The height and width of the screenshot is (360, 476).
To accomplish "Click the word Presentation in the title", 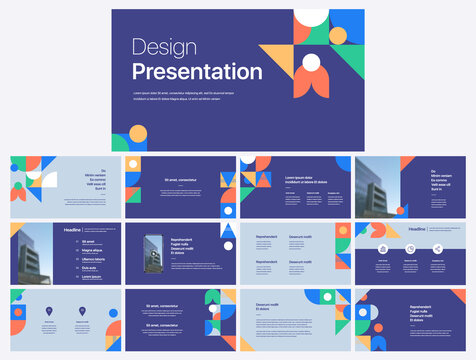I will [197, 71].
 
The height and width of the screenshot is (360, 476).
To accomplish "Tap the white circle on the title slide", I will [311, 63].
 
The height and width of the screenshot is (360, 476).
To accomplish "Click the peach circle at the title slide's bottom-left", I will [138, 133].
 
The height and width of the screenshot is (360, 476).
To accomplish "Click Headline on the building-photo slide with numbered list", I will [73, 230].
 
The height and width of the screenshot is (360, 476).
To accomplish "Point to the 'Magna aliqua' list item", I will [91, 250].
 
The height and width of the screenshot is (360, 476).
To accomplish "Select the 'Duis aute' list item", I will [89, 267].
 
